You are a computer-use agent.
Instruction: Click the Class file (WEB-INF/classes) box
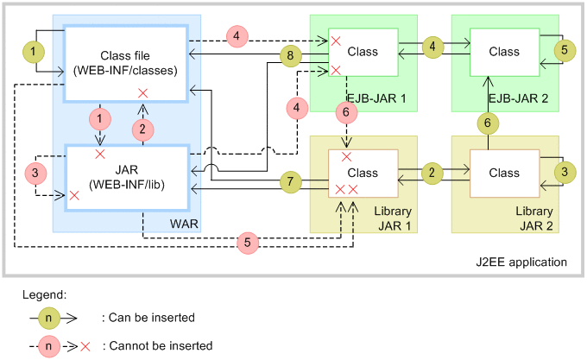coord(126,63)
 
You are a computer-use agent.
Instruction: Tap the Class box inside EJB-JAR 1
coord(363,52)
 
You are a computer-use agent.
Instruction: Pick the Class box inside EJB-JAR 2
coord(504,52)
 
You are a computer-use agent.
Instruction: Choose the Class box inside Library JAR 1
coord(363,173)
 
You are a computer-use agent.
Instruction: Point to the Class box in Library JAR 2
coord(504,173)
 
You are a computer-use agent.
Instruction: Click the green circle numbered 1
coord(32,52)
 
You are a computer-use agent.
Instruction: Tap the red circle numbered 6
coord(346,111)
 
